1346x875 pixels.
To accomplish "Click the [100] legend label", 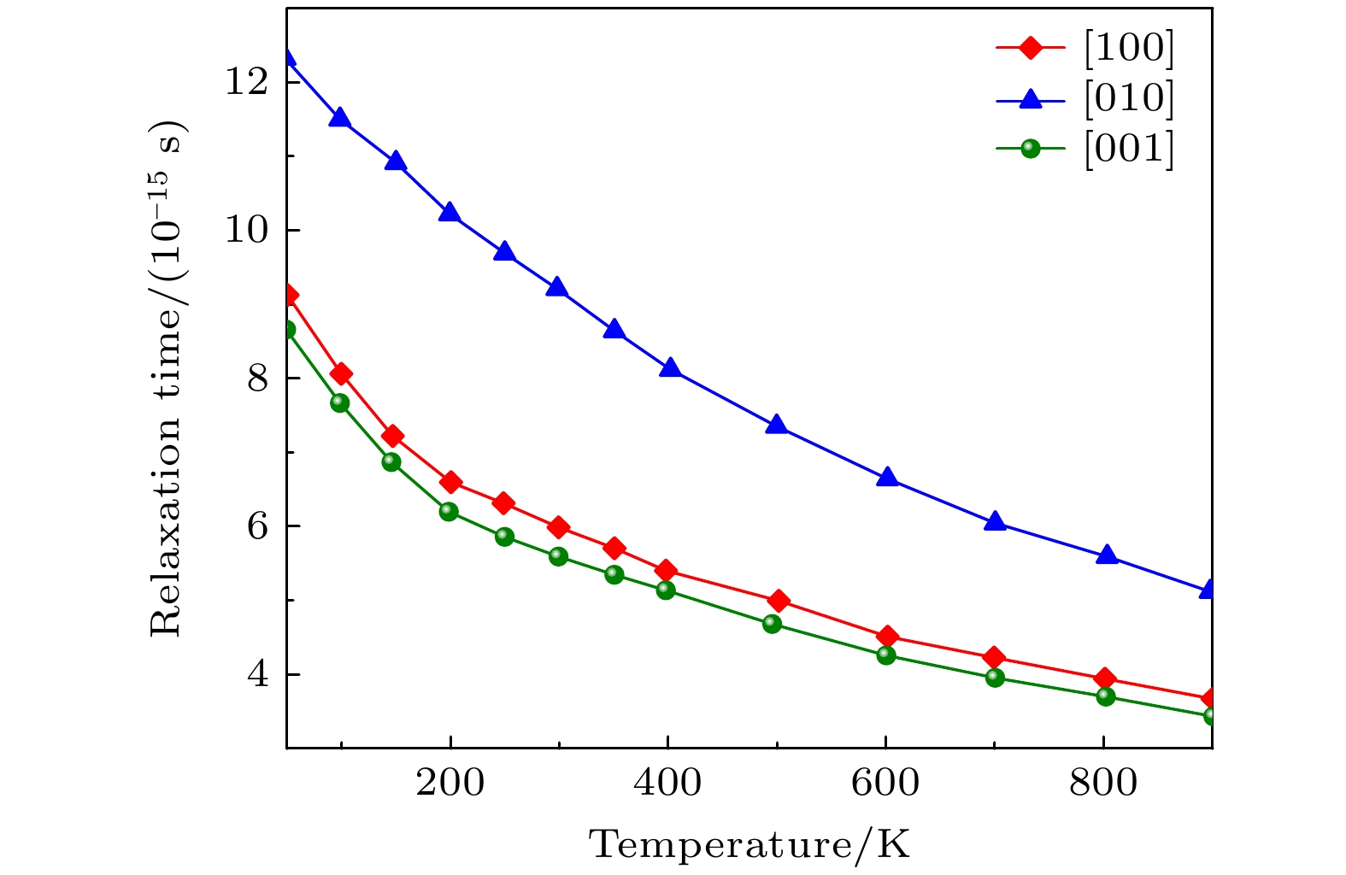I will pos(1128,48).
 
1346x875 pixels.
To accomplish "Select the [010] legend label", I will pos(1128,98).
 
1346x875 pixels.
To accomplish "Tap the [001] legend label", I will pos(1128,149).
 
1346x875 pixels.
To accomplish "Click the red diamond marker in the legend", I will pos(1031,48).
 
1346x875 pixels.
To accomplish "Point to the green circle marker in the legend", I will pos(1031,149).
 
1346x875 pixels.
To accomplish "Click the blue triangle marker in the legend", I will pos(1031,98).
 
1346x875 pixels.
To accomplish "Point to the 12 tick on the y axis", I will pos(247,83).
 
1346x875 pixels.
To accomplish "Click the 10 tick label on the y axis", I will pos(247,231).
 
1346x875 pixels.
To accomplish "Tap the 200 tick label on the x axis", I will pos(450,783).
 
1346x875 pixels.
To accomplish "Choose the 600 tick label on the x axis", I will pos(885,783).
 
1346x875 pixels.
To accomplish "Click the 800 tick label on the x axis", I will pos(1103,783).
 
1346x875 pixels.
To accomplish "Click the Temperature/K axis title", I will pos(749,845).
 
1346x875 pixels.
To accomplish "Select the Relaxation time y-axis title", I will pos(168,380).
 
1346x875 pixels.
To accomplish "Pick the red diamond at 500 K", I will pos(778,601).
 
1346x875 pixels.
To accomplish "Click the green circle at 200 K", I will pos(449,512).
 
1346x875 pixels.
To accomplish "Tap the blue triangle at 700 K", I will pos(994,521).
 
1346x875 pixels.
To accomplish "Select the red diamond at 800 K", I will pos(1104,679).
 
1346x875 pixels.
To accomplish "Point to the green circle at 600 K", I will pos(885,655).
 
